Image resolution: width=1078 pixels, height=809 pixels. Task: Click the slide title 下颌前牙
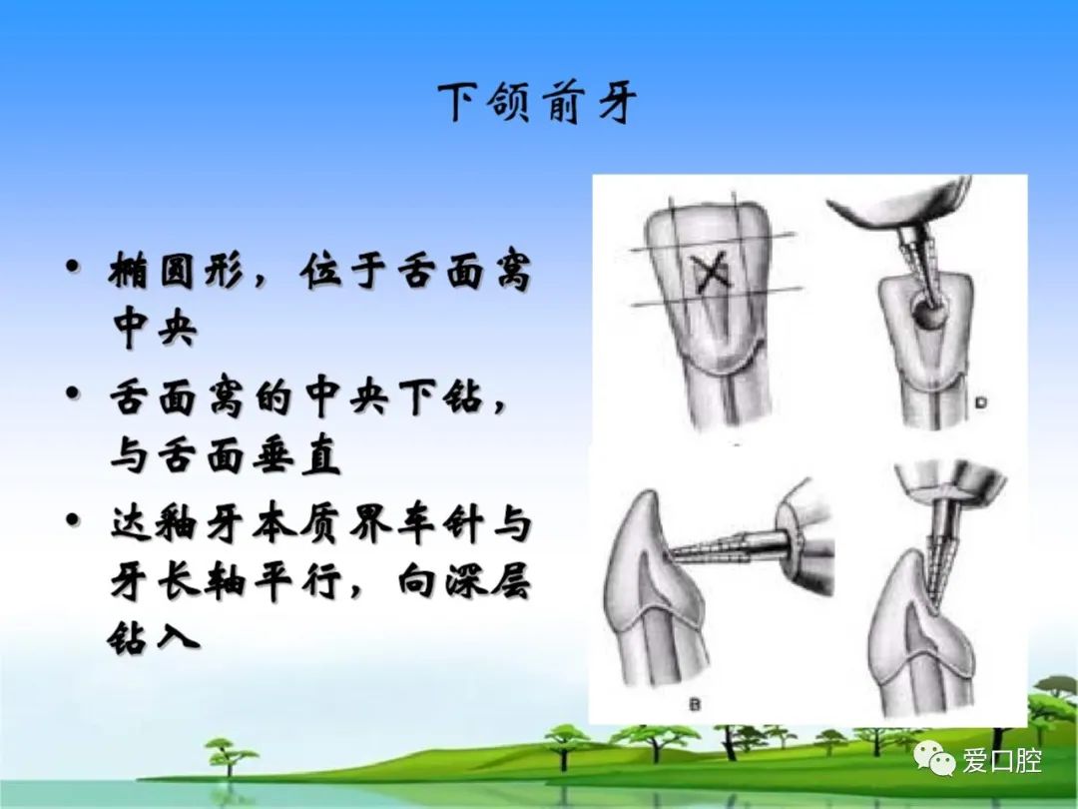(538, 104)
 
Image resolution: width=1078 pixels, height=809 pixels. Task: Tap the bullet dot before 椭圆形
(72, 267)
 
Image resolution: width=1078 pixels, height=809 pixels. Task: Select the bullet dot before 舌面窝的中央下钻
(72, 394)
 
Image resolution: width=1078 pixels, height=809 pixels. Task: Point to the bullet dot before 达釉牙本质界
(72, 519)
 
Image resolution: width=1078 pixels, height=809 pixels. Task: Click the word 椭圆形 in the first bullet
(177, 271)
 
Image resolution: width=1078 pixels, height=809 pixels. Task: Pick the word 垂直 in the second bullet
(296, 455)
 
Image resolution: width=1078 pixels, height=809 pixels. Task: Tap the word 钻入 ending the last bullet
(154, 638)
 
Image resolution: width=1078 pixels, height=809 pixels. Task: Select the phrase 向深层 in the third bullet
(464, 582)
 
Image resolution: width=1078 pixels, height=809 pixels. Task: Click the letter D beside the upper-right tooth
(980, 403)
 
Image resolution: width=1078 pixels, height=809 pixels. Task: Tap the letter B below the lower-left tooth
(694, 704)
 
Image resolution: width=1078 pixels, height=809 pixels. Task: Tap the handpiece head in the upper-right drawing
(900, 209)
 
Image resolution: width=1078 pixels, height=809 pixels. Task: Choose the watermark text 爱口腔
(1002, 760)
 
